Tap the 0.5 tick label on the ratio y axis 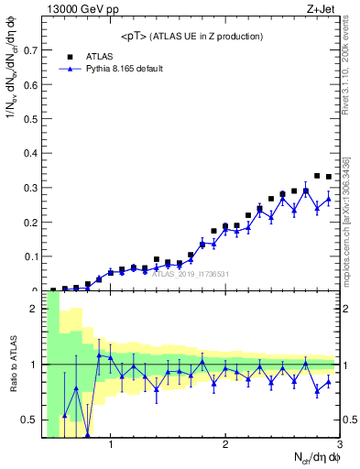[x=27, y=420]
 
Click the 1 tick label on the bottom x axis [x=111, y=446]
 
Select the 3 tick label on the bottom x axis [x=339, y=446]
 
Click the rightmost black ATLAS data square [x=329, y=177]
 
